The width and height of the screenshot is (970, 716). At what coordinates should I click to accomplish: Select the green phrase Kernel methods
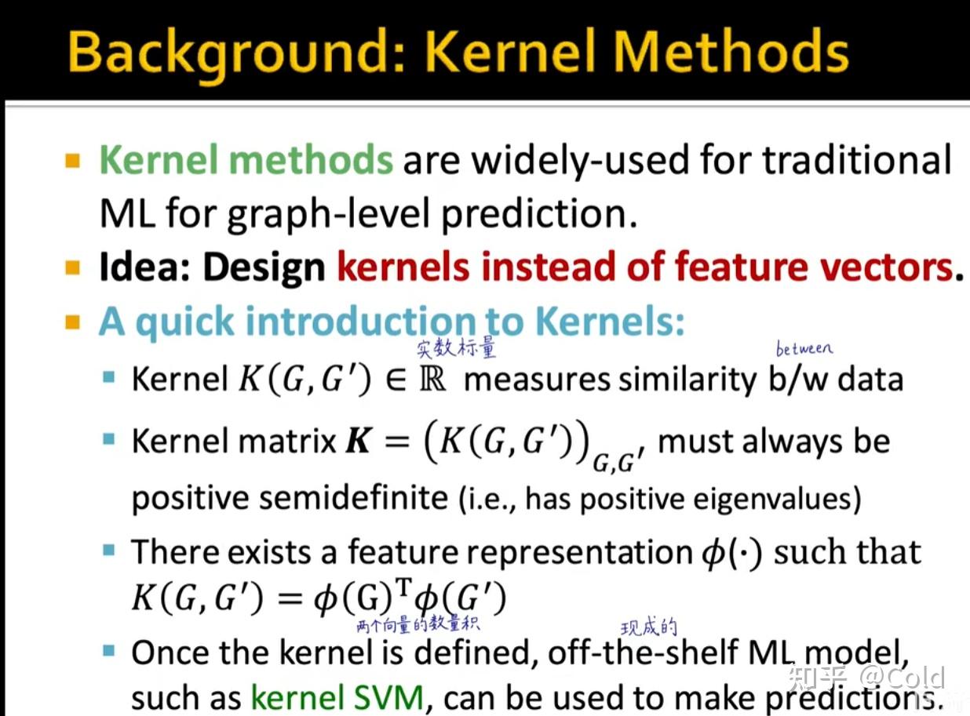pos(246,159)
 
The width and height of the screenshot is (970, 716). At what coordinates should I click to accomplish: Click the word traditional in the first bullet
pos(857,159)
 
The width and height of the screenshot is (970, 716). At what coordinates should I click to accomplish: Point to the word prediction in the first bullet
pos(539,214)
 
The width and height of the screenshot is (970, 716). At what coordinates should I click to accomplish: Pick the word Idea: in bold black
pos(145,267)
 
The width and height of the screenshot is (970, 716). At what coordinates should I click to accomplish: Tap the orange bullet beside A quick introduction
pos(73,322)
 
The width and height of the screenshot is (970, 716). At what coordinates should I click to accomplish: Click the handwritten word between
pos(804,348)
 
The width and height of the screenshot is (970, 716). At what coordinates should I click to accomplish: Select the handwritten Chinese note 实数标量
pos(456,348)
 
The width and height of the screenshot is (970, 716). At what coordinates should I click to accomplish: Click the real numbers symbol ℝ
pos(432,379)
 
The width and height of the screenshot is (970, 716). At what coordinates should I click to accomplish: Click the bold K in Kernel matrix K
pos(359,441)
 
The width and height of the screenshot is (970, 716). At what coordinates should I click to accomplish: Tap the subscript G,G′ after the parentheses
pos(618,463)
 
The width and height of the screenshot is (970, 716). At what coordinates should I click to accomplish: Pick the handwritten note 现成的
pos(649,627)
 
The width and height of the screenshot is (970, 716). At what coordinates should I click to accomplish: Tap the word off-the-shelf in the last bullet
pos(643,652)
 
